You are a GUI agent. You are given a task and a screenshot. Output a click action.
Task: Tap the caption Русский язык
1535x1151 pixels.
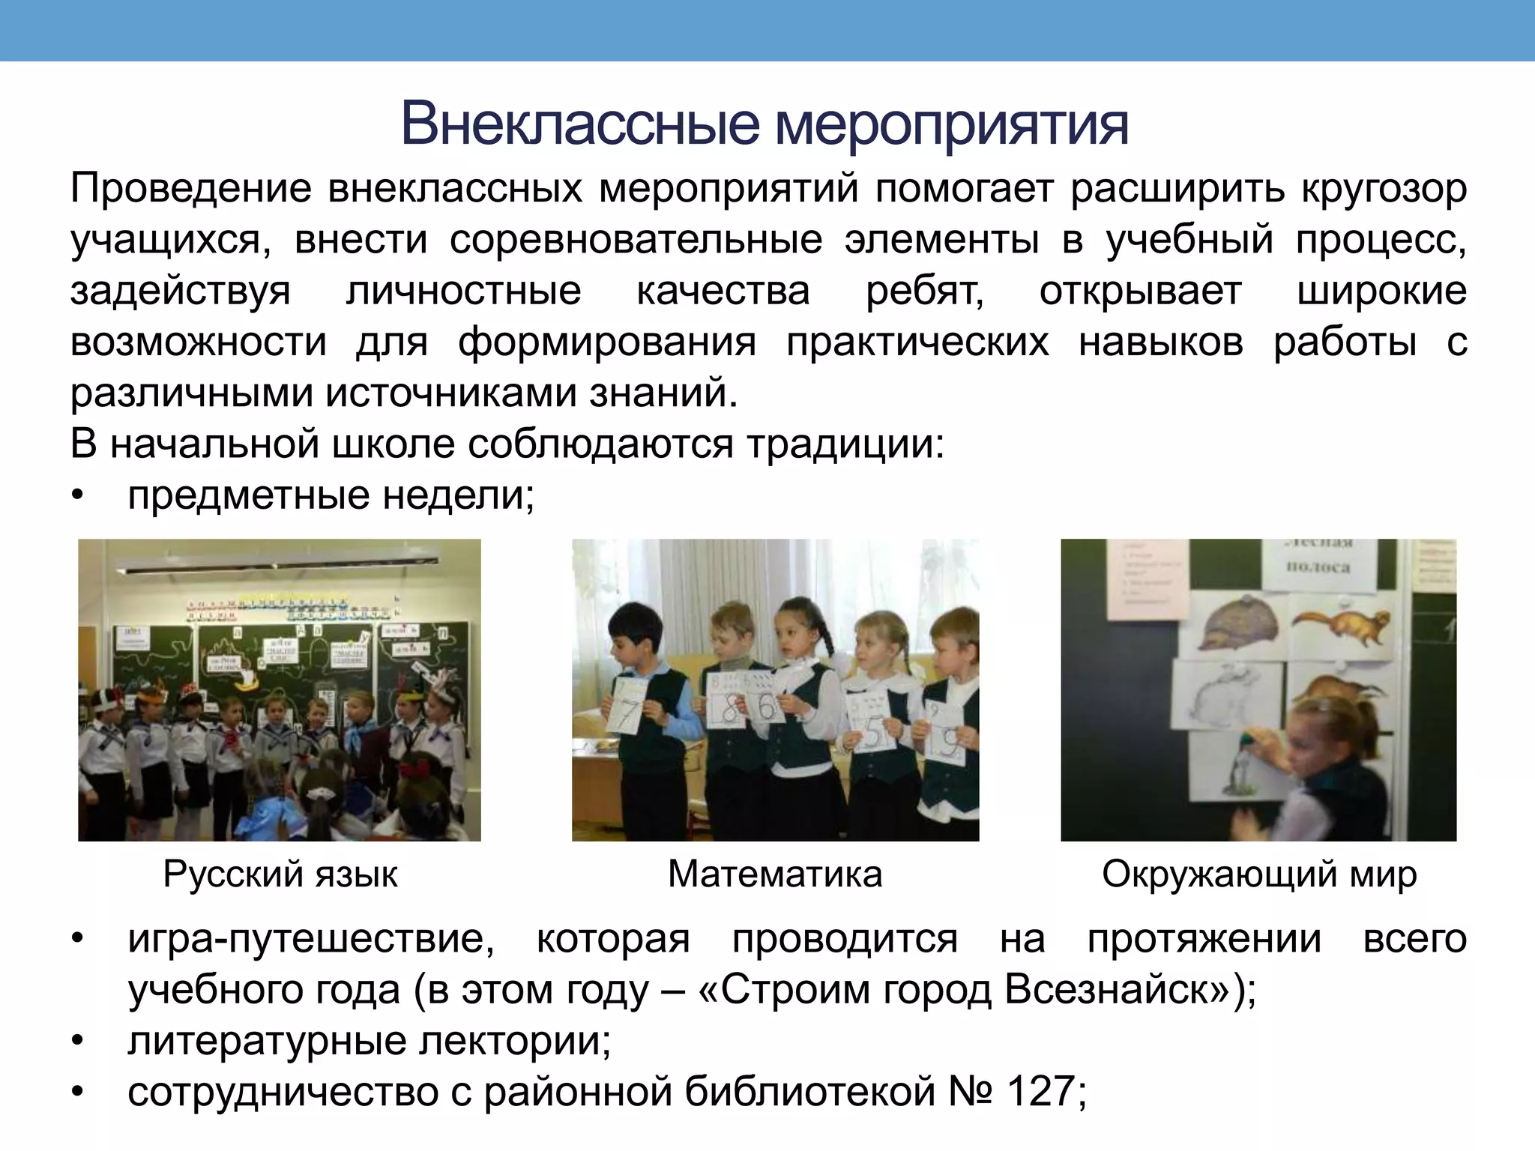coord(280,874)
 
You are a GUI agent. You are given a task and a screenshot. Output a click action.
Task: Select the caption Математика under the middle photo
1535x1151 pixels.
coord(775,874)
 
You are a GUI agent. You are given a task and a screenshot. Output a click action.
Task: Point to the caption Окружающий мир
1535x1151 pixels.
coord(1259,874)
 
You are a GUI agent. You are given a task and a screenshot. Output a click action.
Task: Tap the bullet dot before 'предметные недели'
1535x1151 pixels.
coord(76,496)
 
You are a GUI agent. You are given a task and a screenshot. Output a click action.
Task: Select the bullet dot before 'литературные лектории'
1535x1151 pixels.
coord(76,1042)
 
